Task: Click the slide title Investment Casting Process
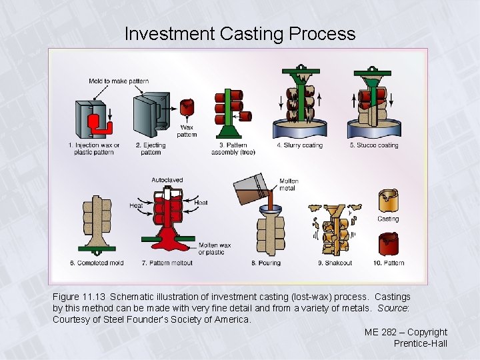click(x=240, y=33)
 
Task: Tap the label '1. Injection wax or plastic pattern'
click(x=94, y=149)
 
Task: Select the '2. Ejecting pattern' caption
click(x=151, y=149)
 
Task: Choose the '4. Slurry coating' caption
click(x=299, y=145)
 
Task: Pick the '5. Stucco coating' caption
click(x=374, y=145)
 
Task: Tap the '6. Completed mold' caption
click(x=97, y=263)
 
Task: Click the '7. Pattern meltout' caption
click(x=167, y=263)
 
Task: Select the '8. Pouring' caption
click(x=266, y=263)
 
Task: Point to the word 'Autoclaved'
click(x=167, y=180)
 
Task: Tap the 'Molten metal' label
click(x=289, y=184)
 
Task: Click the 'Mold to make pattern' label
click(x=119, y=81)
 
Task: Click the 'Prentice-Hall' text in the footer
click(x=420, y=343)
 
